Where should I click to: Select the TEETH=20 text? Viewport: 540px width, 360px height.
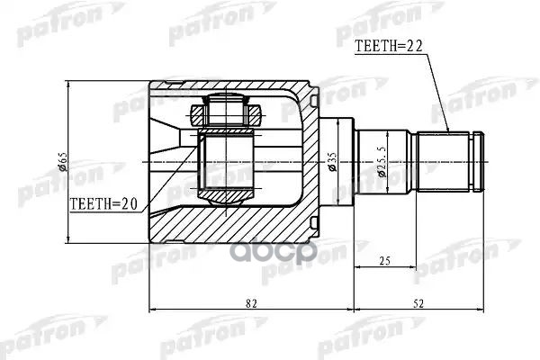tap(103, 205)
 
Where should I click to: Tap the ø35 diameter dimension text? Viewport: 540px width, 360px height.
tap(332, 162)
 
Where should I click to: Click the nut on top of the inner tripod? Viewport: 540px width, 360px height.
tap(227, 112)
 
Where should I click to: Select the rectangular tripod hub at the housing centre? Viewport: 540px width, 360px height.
tap(227, 162)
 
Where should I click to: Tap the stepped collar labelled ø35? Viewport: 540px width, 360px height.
tap(337, 162)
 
